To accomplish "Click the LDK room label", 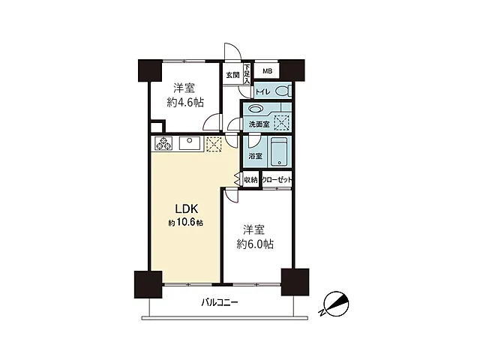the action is pos(187,208).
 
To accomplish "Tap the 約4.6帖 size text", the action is pos(185,103).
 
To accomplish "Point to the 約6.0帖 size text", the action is pos(255,244).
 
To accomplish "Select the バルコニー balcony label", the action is pos(220,303).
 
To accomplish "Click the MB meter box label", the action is pos(267,71).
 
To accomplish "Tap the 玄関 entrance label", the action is pos(232,75).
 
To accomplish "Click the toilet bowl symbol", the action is pos(282,91).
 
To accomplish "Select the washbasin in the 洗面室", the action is pos(256,108).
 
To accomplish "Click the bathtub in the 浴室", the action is pos(279,151).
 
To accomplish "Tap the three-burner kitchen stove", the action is pos(163,143).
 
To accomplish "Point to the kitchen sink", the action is pos(190,143).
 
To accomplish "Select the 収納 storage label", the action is pos(250,180).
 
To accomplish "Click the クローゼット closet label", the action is pos(277,180).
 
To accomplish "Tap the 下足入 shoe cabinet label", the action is pos(247,73).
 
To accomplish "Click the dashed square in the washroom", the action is pos(281,123).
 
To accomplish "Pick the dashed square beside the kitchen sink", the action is pos(214,144).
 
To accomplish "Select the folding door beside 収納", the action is pos(237,179).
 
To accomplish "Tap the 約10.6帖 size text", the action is pos(185,223).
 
